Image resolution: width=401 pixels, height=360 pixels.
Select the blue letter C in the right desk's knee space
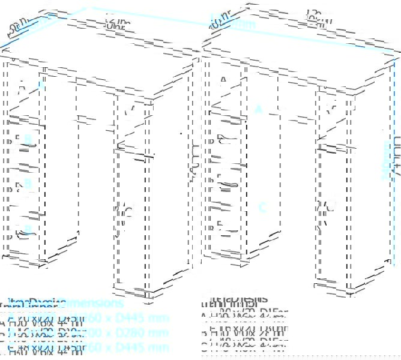coord(262,208)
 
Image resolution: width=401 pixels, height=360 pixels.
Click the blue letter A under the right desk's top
coord(259,109)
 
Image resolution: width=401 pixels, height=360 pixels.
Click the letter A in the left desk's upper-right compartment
coord(130,110)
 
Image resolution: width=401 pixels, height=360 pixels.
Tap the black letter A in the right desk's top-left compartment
coord(223,79)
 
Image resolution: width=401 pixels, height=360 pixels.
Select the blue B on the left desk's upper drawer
coord(28,139)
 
